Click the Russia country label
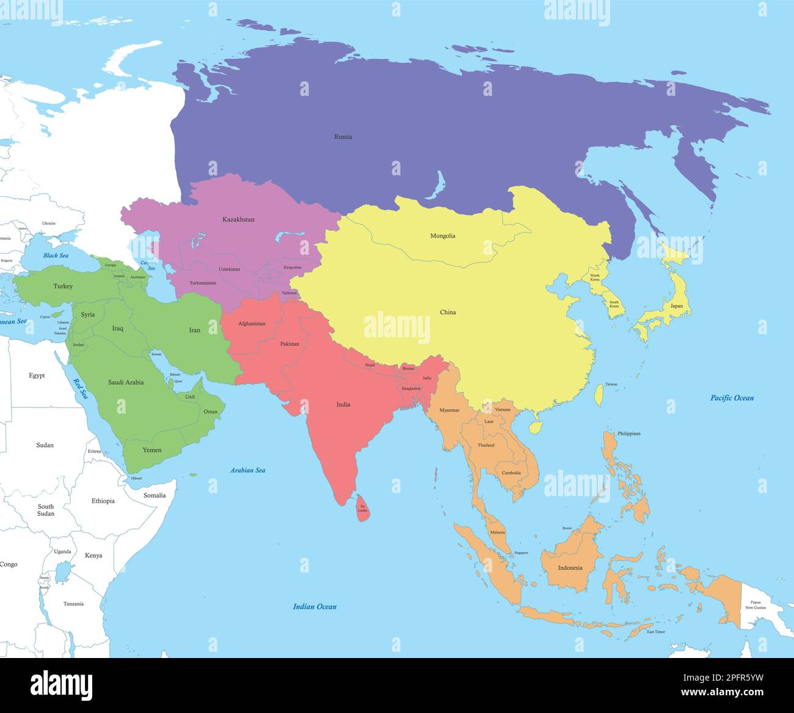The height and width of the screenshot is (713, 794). [343, 137]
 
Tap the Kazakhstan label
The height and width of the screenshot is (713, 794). [238, 219]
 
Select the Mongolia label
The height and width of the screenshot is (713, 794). [443, 236]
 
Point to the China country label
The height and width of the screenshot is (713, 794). [448, 312]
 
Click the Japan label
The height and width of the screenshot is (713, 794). [676, 306]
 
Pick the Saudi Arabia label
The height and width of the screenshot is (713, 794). [126, 382]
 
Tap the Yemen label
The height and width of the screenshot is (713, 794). [152, 450]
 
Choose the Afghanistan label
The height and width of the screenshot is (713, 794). [252, 323]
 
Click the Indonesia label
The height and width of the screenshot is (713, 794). [570, 568]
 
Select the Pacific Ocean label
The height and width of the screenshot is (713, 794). [732, 398]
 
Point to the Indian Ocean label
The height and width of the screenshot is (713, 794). [315, 607]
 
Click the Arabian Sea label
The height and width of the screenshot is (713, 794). [247, 470]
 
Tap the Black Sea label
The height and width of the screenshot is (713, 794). [56, 255]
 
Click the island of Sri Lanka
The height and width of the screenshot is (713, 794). [363, 508]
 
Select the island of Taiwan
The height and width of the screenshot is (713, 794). [599, 395]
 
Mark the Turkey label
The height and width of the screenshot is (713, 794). [63, 286]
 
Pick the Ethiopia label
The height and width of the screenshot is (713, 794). [103, 501]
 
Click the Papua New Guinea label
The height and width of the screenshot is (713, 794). [756, 605]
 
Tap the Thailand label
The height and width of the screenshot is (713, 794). [486, 445]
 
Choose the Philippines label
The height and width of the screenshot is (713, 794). [629, 434]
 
